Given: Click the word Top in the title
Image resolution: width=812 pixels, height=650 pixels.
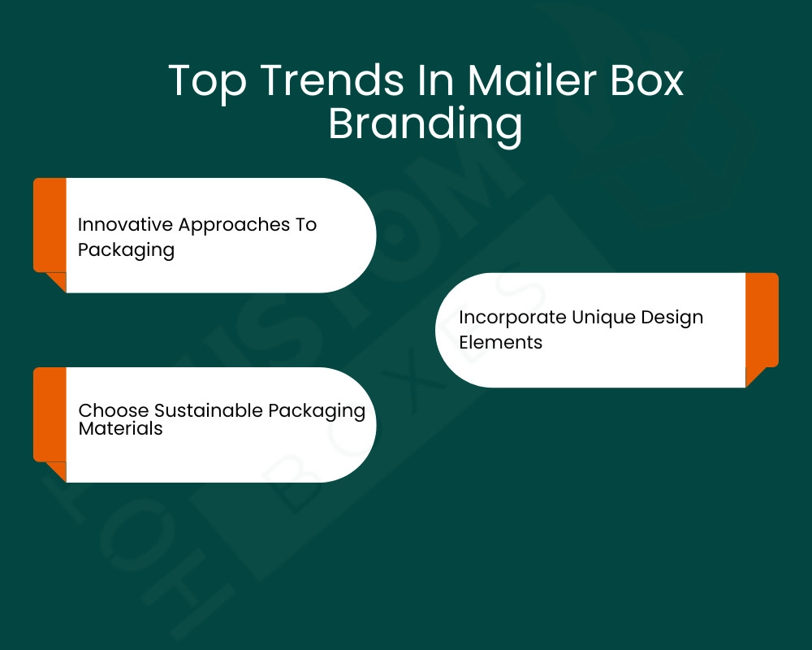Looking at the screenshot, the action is pyautogui.click(x=207, y=81).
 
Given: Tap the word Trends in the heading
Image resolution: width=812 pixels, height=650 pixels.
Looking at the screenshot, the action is pyautogui.click(x=332, y=80).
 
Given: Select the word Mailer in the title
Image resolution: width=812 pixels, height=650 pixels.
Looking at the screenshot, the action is pyautogui.click(x=532, y=80).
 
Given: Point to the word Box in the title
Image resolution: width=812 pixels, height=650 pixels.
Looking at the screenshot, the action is pyautogui.click(x=647, y=80).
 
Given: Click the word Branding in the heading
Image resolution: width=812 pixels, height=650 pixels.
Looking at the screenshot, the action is pyautogui.click(x=425, y=124).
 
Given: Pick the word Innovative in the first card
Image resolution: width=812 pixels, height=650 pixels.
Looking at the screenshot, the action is pyautogui.click(x=125, y=224).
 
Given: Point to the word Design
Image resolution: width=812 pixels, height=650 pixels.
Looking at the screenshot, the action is pyautogui.click(x=672, y=317).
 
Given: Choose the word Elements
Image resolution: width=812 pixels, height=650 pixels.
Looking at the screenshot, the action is pyautogui.click(x=500, y=342).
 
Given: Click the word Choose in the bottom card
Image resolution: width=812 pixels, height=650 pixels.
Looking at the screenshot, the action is pyautogui.click(x=114, y=410).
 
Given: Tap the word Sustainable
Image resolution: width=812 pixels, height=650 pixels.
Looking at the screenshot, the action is pyautogui.click(x=209, y=410).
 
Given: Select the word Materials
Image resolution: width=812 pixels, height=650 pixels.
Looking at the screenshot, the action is pyautogui.click(x=120, y=429).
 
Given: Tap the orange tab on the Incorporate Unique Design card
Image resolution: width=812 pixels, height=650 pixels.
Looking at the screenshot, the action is pyautogui.click(x=762, y=324).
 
